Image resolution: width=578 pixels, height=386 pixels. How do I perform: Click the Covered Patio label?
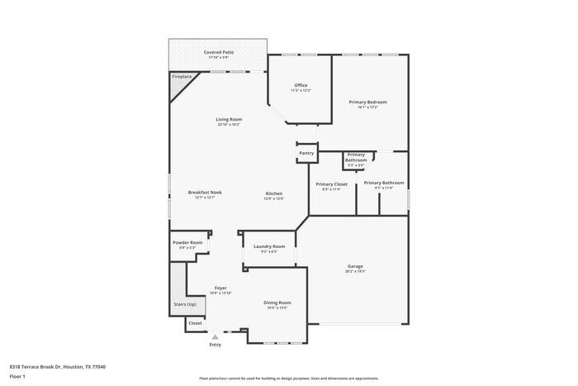pos(219,52)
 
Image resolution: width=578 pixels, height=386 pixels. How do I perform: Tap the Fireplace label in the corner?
pos(182,77)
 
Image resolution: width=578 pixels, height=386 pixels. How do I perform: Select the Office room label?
pos(301,85)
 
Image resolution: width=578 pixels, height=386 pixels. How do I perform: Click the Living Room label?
pos(229,120)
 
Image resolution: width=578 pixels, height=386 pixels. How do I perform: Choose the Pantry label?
pos(306,153)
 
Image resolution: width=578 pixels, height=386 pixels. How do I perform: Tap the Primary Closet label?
pos(331,183)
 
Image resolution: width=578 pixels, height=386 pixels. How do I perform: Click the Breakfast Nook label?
pos(205,193)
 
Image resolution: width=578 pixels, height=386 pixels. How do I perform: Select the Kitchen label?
pos(274,193)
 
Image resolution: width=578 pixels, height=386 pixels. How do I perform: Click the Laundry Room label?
pos(269,245)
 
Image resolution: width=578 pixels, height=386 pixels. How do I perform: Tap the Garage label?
pos(355,266)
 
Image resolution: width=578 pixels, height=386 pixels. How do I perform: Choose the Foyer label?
pos(220,288)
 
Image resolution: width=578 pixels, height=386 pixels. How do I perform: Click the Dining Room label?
pos(277,303)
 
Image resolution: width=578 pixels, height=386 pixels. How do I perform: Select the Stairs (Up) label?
pos(185,304)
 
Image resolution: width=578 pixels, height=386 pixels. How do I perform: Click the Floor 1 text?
pos(18,376)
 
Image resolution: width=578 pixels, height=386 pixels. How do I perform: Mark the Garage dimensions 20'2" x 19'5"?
pos(355,271)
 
